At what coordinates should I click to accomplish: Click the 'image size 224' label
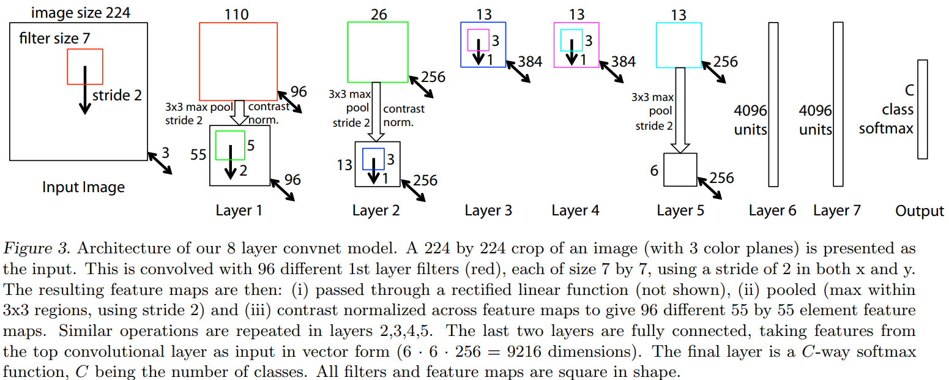pyautogui.click(x=81, y=13)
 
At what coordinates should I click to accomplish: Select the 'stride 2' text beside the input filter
pyautogui.click(x=117, y=95)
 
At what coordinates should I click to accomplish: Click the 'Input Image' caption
pyautogui.click(x=83, y=187)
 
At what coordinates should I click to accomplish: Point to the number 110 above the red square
pyautogui.click(x=236, y=15)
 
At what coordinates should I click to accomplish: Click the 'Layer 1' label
pyautogui.click(x=239, y=210)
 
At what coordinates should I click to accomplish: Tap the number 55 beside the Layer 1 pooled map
pyautogui.click(x=198, y=155)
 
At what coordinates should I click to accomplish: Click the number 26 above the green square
pyautogui.click(x=379, y=15)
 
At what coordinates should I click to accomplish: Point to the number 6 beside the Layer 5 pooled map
pyautogui.click(x=654, y=170)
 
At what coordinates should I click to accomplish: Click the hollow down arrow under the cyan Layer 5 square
pyautogui.click(x=680, y=110)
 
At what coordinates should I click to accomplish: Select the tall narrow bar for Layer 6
pyautogui.click(x=773, y=104)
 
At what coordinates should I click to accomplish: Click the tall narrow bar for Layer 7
pyautogui.click(x=838, y=104)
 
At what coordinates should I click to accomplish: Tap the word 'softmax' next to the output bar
pyautogui.click(x=886, y=129)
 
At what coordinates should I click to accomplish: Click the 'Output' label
pyautogui.click(x=920, y=210)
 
